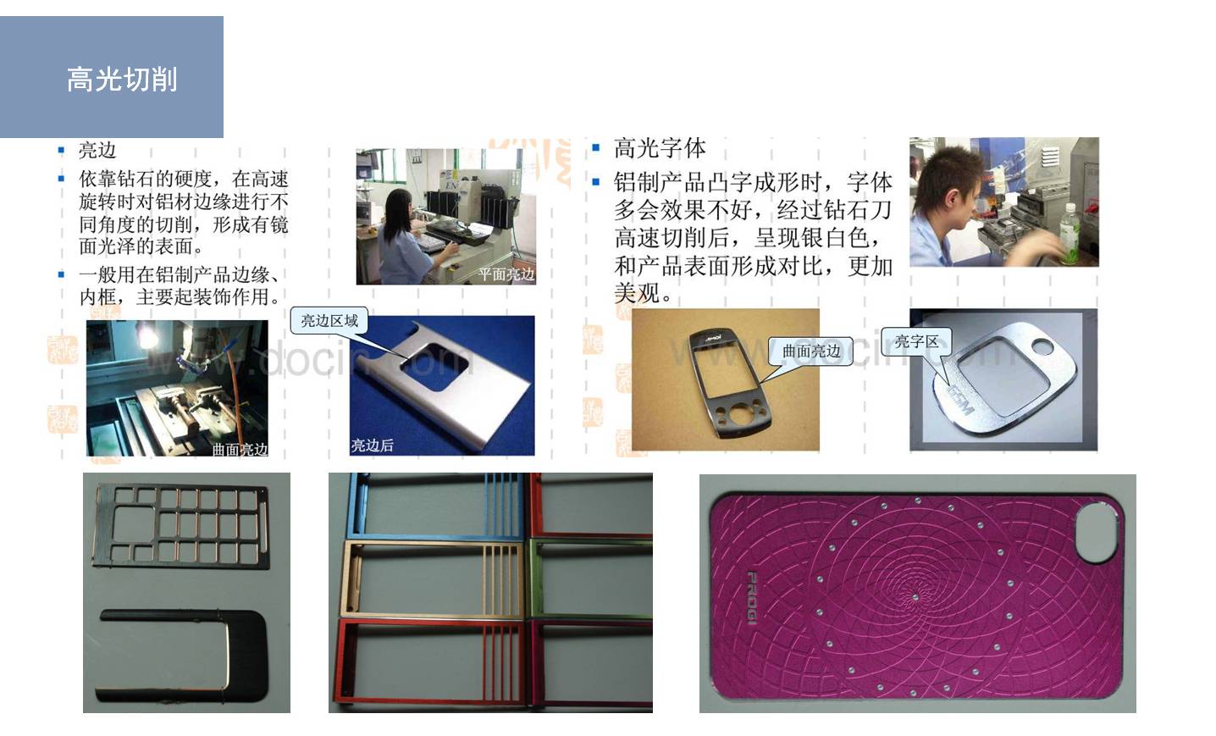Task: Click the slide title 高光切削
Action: click(122, 80)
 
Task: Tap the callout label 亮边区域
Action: click(329, 321)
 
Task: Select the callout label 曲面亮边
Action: click(810, 351)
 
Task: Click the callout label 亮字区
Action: click(916, 341)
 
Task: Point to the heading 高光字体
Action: click(660, 149)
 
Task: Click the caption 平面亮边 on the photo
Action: click(506, 274)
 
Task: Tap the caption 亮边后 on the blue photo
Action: click(373, 445)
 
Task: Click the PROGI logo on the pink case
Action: click(751, 600)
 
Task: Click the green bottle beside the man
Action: click(1068, 232)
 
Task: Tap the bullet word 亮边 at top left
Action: click(97, 150)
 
